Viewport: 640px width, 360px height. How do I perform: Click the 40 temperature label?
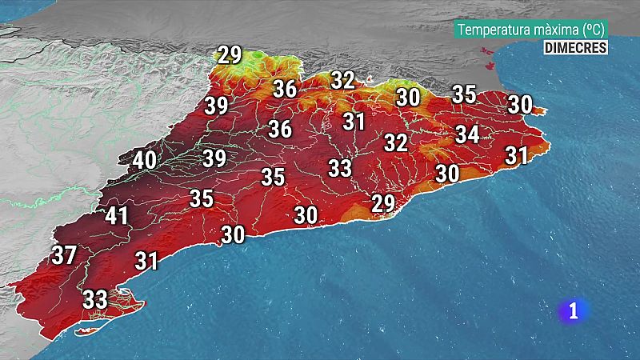(x=144, y=160)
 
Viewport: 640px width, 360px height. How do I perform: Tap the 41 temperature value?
(x=117, y=215)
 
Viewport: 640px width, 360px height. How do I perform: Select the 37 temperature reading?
(x=64, y=255)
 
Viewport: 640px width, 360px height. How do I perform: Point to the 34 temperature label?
(x=467, y=134)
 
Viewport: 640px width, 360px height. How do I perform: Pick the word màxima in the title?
(x=558, y=30)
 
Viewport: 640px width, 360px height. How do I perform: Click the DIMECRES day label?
(x=574, y=47)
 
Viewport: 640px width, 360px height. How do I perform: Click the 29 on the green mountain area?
(x=230, y=55)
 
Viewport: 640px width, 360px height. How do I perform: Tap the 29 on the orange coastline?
(x=383, y=203)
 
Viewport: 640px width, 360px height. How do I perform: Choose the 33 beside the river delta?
(x=95, y=299)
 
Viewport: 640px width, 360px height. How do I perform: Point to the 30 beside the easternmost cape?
(x=520, y=104)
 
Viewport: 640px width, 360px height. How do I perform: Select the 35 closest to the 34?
(x=464, y=94)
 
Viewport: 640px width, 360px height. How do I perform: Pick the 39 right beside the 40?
(x=214, y=158)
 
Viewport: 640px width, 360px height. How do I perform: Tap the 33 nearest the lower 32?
(x=340, y=168)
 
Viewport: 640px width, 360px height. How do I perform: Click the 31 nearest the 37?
(x=146, y=260)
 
